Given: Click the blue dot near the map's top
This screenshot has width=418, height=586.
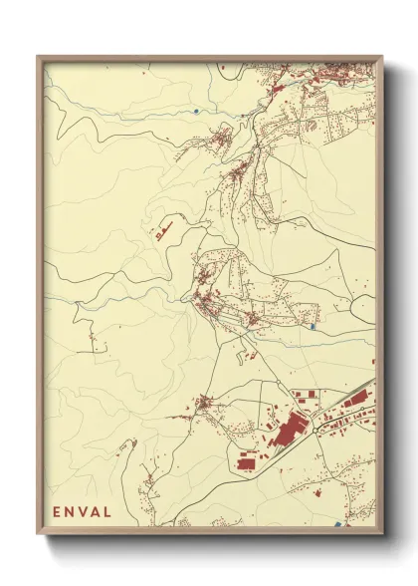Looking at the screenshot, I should (197, 110).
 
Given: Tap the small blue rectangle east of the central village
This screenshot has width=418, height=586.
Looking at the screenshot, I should (314, 325).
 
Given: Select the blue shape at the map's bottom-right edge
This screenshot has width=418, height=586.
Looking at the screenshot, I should (339, 524).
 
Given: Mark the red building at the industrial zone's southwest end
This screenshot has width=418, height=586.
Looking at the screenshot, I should (246, 461).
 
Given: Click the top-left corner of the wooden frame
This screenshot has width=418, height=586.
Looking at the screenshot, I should (38, 56).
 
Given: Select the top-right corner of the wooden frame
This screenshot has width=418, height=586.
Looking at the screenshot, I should (382, 56).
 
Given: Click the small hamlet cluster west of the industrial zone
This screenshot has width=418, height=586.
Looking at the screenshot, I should (205, 404).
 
